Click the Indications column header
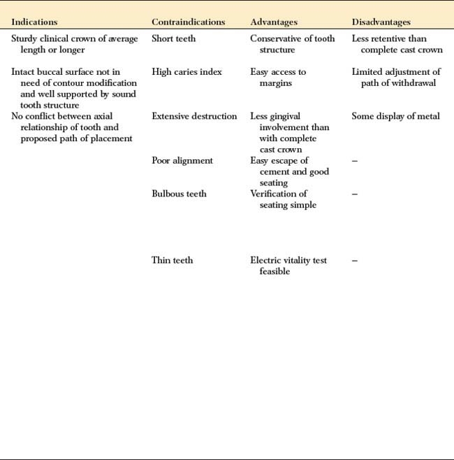tap(34, 22)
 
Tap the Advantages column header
tap(274, 22)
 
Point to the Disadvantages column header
tap(381, 22)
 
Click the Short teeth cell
tap(174, 38)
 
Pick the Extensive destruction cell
tap(194, 116)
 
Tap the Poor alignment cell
tap(182, 161)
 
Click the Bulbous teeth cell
tap(179, 194)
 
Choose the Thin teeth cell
tap(172, 260)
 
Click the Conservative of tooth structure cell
tap(292, 44)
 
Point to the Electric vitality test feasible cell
tap(288, 266)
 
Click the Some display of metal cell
tap(395, 116)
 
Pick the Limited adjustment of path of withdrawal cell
tap(396, 78)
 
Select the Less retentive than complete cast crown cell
tap(397, 44)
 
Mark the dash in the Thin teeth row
tap(355, 260)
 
